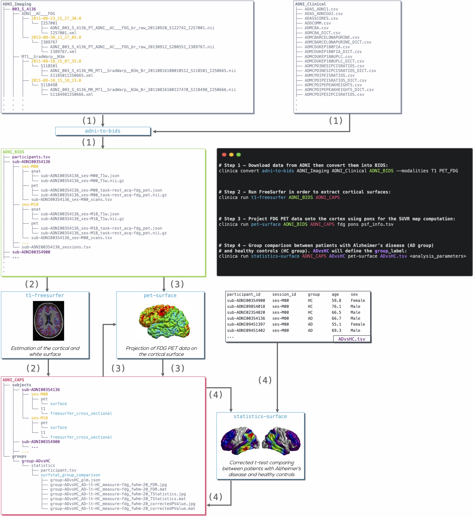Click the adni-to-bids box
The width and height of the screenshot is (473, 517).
(103, 131)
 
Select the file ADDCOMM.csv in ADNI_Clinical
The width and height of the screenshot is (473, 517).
(317, 23)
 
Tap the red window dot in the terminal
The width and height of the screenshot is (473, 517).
(224, 155)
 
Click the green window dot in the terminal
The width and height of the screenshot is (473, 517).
(239, 155)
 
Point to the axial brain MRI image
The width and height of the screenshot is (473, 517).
(48, 321)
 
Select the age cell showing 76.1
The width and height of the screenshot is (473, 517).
(336, 306)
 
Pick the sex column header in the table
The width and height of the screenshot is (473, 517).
(354, 295)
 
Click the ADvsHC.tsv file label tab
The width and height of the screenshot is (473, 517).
(352, 339)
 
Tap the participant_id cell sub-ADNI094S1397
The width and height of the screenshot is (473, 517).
(246, 324)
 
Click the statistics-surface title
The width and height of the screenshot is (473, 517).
(260, 416)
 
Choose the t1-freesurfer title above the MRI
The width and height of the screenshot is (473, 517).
(45, 295)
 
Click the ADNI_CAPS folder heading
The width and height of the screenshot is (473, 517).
(13, 380)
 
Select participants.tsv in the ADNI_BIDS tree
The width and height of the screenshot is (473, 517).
(31, 157)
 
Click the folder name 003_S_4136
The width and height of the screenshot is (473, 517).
(24, 9)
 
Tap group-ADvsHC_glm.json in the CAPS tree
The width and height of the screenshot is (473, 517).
(75, 480)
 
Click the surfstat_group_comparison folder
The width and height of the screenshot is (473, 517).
(70, 475)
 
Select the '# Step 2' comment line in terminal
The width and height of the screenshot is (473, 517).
(304, 192)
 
